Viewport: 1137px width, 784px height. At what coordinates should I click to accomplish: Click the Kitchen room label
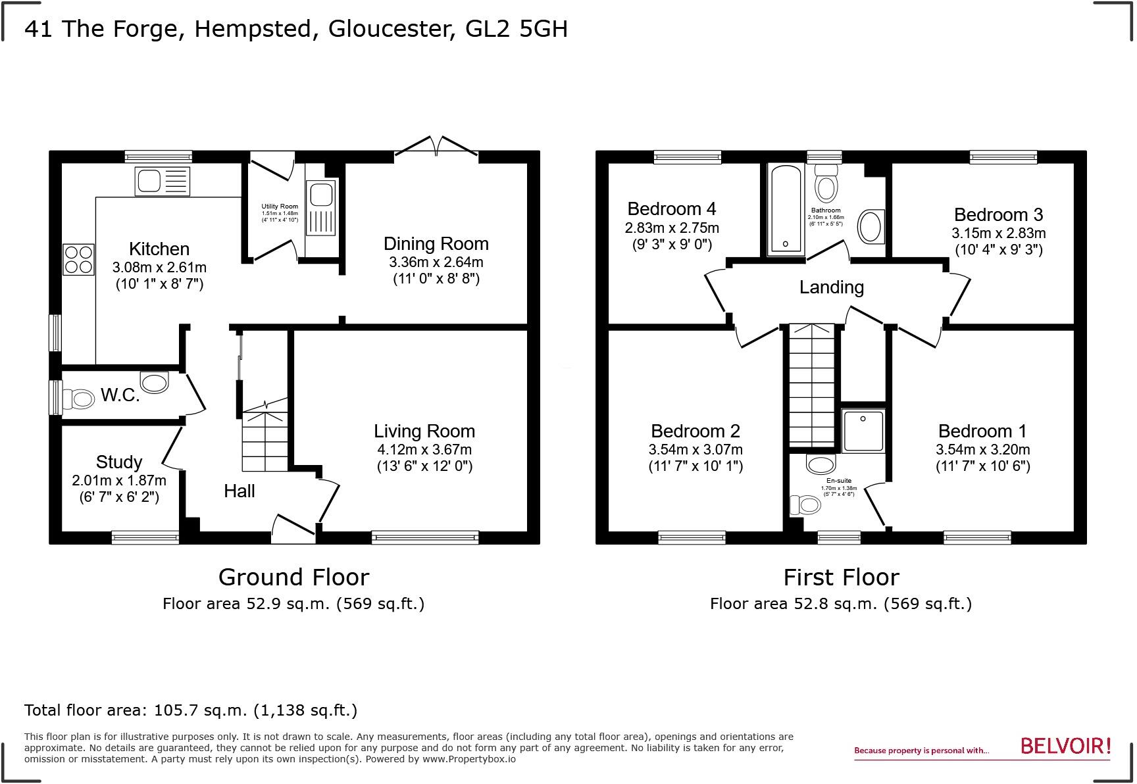[159, 249]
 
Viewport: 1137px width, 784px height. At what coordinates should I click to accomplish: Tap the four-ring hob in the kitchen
[78, 259]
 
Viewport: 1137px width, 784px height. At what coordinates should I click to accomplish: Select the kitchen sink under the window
[162, 181]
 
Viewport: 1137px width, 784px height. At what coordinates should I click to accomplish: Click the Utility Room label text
[280, 207]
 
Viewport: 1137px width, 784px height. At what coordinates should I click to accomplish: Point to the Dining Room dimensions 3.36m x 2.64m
[436, 262]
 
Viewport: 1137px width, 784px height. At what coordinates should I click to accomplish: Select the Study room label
[119, 462]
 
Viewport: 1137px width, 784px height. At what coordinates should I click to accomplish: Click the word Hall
[239, 491]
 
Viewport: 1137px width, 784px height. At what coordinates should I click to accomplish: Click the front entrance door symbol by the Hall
[293, 529]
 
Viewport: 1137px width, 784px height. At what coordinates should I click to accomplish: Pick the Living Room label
[424, 431]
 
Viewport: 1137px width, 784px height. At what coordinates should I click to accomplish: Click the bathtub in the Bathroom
[786, 209]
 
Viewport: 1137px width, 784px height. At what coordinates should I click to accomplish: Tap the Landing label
[832, 287]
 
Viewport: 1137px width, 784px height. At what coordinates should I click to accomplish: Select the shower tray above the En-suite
[863, 430]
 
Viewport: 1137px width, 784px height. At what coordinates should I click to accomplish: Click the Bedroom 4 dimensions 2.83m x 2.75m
[672, 228]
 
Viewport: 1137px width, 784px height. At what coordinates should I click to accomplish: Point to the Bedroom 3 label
[998, 215]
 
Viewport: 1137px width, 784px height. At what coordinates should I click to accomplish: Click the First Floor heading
[841, 577]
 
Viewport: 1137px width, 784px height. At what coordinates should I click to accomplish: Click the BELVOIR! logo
[1065, 746]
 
